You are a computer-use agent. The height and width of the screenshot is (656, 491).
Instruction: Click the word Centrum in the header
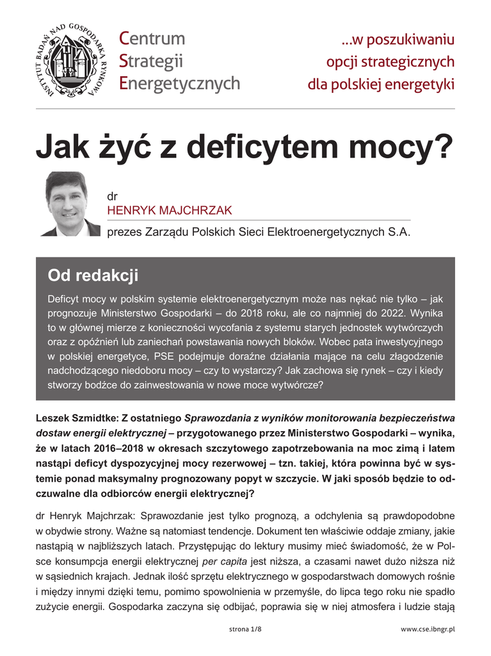[x=152, y=39]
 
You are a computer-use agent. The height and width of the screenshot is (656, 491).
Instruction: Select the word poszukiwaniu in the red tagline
[x=409, y=40]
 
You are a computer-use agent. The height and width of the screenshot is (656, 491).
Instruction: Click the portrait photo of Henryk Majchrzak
[x=68, y=204]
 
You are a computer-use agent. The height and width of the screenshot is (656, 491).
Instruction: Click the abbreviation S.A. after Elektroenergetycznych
[x=398, y=232]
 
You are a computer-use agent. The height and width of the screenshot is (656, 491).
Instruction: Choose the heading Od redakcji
[x=93, y=276]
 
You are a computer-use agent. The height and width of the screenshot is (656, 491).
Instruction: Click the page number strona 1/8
[x=245, y=630]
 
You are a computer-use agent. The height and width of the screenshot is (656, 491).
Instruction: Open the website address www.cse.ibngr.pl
[x=428, y=630]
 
